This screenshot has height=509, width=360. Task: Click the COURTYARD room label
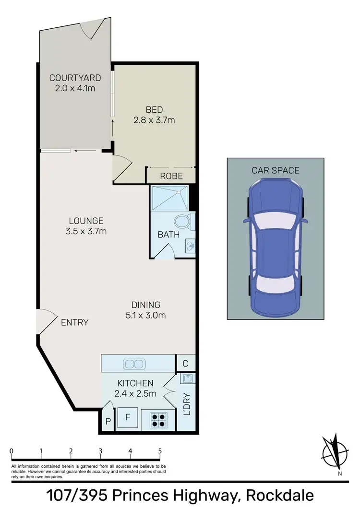click(x=75, y=78)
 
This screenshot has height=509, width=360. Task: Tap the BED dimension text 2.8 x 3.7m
click(x=154, y=120)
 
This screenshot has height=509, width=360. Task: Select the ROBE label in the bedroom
click(x=171, y=176)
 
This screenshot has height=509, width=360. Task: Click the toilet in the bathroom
click(x=183, y=222)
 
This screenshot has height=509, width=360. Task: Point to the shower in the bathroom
click(x=169, y=197)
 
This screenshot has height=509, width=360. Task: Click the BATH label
click(x=168, y=235)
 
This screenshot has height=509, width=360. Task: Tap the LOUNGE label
click(x=86, y=221)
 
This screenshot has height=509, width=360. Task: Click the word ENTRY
click(x=75, y=322)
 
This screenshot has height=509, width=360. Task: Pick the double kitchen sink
click(x=134, y=364)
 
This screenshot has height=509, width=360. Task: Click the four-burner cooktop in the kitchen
click(x=158, y=420)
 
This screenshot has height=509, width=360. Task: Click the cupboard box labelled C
click(x=185, y=363)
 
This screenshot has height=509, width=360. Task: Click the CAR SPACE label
click(x=276, y=170)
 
